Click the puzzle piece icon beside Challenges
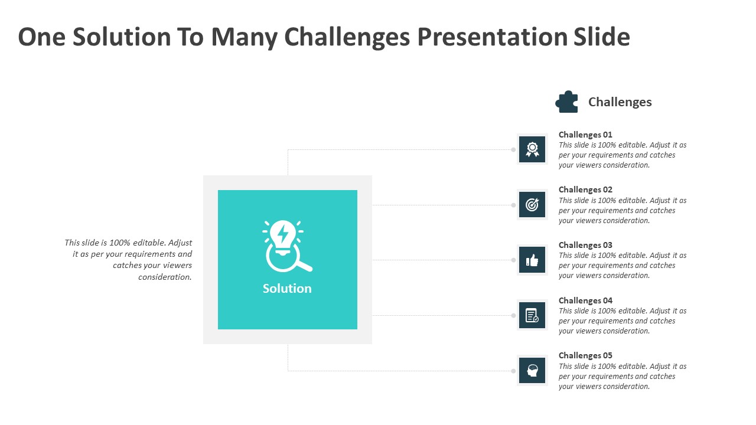(566, 102)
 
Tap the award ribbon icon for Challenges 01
(532, 149)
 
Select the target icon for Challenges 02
(532, 205)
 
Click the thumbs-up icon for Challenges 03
(532, 260)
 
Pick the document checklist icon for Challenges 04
(532, 315)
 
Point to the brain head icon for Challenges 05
(532, 370)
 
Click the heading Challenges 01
(585, 135)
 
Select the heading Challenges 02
(585, 189)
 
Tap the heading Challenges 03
(585, 245)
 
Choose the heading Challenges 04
(585, 300)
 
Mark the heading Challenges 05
(585, 355)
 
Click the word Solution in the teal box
(287, 289)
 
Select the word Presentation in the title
(493, 37)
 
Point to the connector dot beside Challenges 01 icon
(513, 149)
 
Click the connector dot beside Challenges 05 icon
(513, 371)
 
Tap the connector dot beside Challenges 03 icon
(513, 260)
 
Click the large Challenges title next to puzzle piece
(620, 102)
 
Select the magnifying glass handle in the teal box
(305, 266)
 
